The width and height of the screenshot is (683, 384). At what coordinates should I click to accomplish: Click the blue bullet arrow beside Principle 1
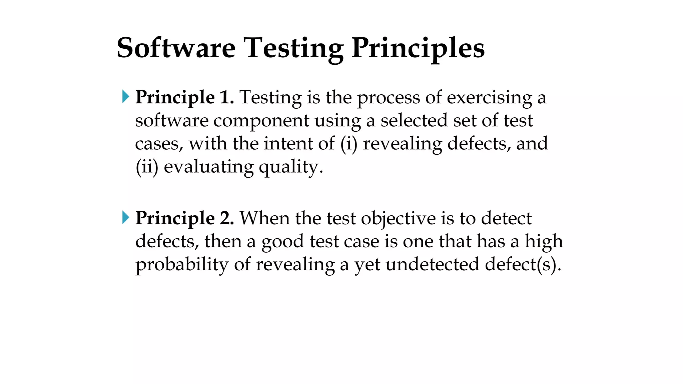click(126, 97)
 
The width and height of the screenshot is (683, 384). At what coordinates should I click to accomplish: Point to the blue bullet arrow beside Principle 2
click(126, 218)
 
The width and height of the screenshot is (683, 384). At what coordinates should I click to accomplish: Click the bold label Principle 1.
click(184, 98)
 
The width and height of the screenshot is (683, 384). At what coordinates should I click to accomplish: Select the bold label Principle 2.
click(184, 219)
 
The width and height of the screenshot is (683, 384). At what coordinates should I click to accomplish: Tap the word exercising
click(489, 98)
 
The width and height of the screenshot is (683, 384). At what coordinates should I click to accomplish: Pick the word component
click(261, 121)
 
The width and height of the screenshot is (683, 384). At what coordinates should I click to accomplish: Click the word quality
click(291, 167)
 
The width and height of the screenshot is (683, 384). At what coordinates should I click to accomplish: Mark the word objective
click(398, 219)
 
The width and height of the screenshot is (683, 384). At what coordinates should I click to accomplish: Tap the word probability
click(182, 265)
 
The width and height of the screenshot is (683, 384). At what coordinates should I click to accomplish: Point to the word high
click(544, 241)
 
